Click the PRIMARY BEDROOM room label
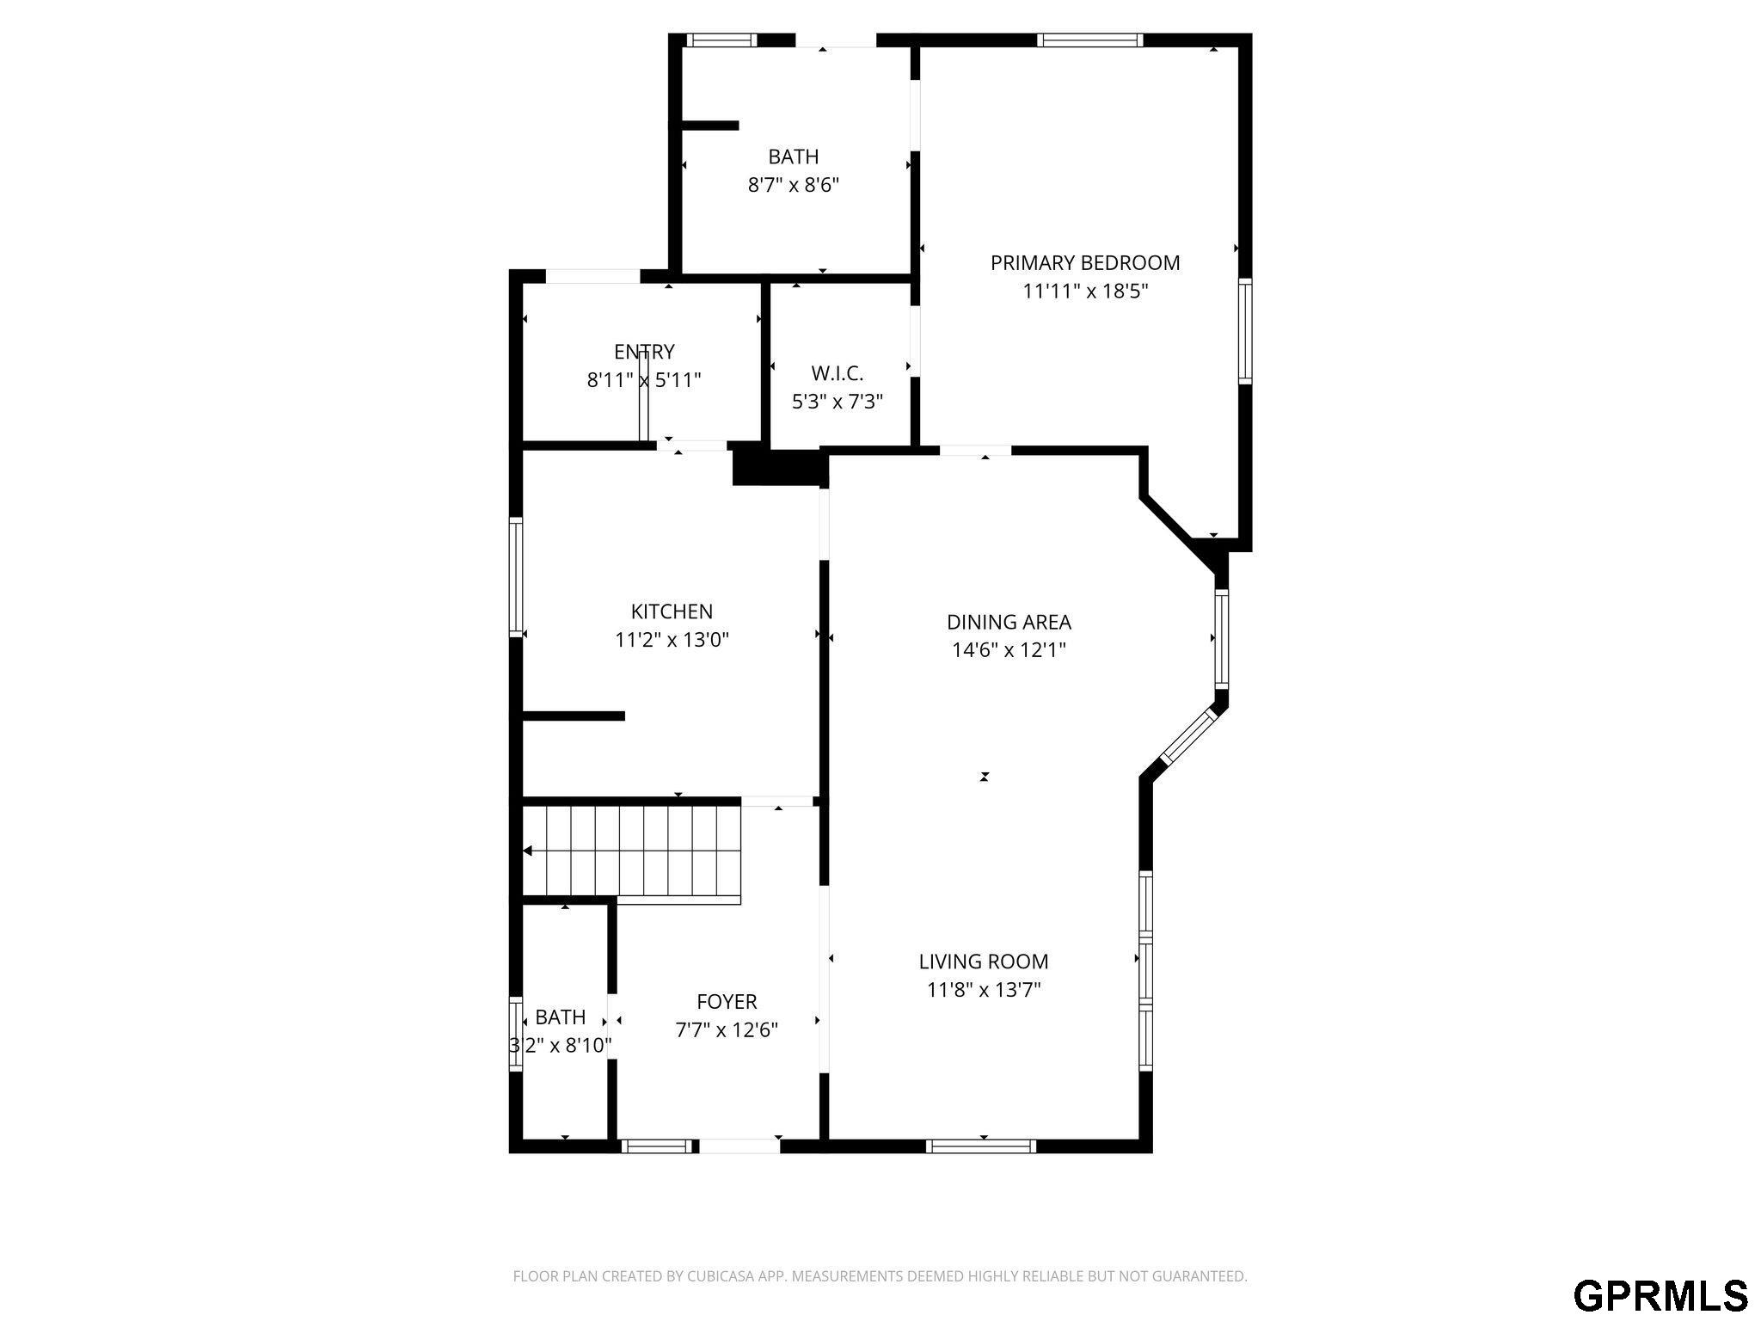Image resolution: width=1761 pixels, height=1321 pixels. (x=1084, y=263)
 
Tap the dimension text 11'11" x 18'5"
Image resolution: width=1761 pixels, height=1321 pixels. (x=1084, y=292)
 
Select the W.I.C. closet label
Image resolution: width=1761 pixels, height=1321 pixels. (x=837, y=373)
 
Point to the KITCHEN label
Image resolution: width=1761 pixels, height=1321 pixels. (x=672, y=611)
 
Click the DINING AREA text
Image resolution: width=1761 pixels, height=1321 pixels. (x=1009, y=622)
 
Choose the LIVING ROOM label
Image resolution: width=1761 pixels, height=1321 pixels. (x=983, y=962)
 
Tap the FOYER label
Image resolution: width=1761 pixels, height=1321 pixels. (x=727, y=1002)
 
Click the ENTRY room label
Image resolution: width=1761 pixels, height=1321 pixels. (x=644, y=352)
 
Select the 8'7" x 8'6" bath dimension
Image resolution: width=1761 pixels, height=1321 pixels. (x=793, y=185)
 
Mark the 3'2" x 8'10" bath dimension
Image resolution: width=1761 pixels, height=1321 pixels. (x=561, y=1046)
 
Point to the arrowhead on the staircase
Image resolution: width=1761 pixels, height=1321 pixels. (x=528, y=851)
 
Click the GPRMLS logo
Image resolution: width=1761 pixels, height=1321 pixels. (x=1660, y=1295)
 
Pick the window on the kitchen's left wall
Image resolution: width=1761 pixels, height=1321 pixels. (x=516, y=578)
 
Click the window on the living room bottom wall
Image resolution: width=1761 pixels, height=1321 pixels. (x=981, y=1146)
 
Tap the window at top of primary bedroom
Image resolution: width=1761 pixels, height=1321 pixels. (x=1089, y=40)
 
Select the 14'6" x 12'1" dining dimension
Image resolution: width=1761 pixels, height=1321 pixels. (x=1009, y=650)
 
